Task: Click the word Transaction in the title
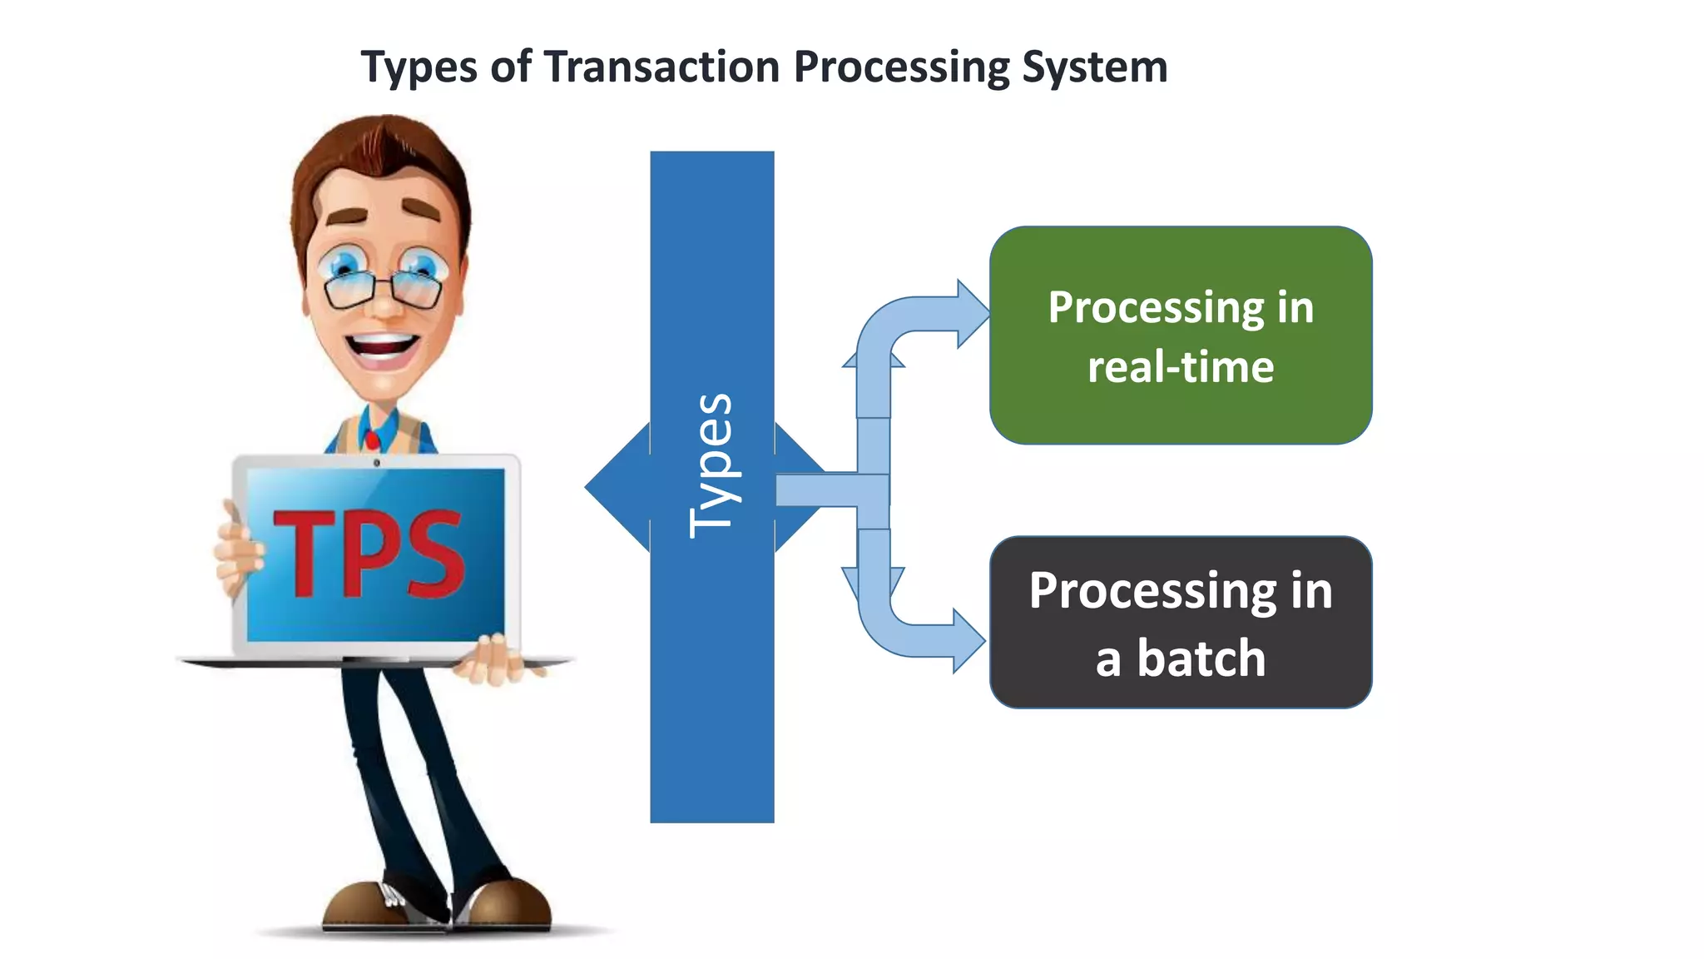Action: (x=661, y=67)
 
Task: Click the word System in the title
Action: (x=1094, y=67)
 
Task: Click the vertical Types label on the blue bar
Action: (x=712, y=466)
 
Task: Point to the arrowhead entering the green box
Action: (x=973, y=314)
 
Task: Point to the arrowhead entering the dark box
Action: (x=968, y=641)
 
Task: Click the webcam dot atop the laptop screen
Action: (x=377, y=463)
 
